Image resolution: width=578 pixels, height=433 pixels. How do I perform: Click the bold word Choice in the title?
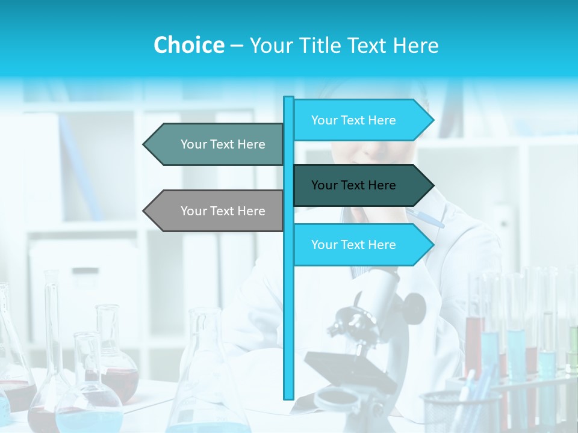coord(188,45)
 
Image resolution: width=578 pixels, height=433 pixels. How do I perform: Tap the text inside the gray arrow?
coord(223,211)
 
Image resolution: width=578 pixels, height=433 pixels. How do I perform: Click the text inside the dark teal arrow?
coord(353,185)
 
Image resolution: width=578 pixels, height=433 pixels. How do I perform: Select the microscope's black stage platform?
coord(349,370)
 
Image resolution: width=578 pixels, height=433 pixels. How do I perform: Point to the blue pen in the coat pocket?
coord(424,217)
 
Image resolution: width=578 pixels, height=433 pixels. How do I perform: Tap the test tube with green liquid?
coord(572,346)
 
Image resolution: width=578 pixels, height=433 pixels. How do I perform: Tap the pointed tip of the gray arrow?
coord(144,211)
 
